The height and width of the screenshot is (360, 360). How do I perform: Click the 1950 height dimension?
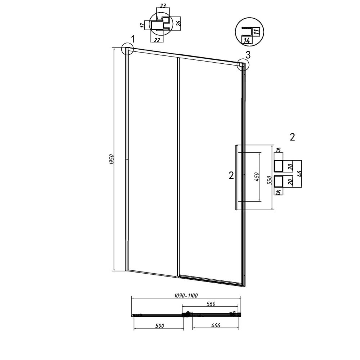pyautogui.click(x=112, y=159)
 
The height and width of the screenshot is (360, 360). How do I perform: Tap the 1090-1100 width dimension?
pyautogui.click(x=186, y=296)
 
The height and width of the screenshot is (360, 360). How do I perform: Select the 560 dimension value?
pyautogui.click(x=211, y=304)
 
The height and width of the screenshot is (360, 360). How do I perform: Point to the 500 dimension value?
pyautogui.click(x=159, y=325)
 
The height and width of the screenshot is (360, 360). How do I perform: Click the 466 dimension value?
pyautogui.click(x=216, y=325)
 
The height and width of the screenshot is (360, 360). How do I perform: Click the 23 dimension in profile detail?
pyautogui.click(x=163, y=5)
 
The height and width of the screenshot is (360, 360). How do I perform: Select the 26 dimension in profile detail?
pyautogui.click(x=179, y=22)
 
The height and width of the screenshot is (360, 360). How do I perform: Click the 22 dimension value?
pyautogui.click(x=157, y=40)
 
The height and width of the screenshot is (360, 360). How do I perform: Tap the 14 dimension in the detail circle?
pyautogui.click(x=247, y=41)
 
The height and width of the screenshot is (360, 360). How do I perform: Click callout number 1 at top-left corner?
pyautogui.click(x=132, y=39)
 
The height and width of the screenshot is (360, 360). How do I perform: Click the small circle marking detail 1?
pyautogui.click(x=127, y=49)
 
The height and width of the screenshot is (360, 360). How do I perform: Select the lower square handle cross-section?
pyautogui.click(x=279, y=181)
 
